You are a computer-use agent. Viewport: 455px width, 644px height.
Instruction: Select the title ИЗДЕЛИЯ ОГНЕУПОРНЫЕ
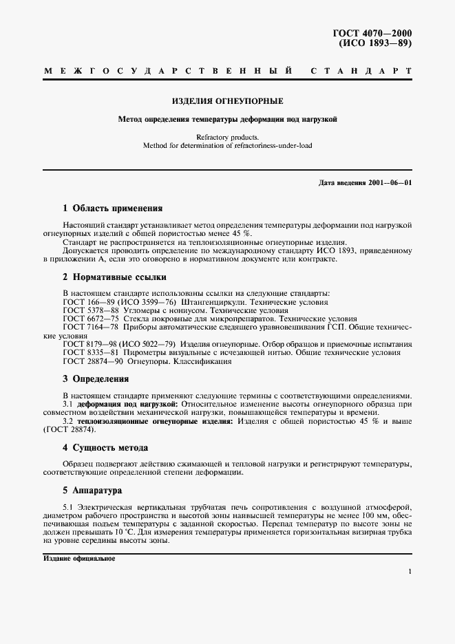pyautogui.click(x=227, y=100)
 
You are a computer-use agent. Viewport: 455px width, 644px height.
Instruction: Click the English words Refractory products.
pyautogui.click(x=227, y=138)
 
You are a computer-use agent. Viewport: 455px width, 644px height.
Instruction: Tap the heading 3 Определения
pyautogui.click(x=96, y=378)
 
